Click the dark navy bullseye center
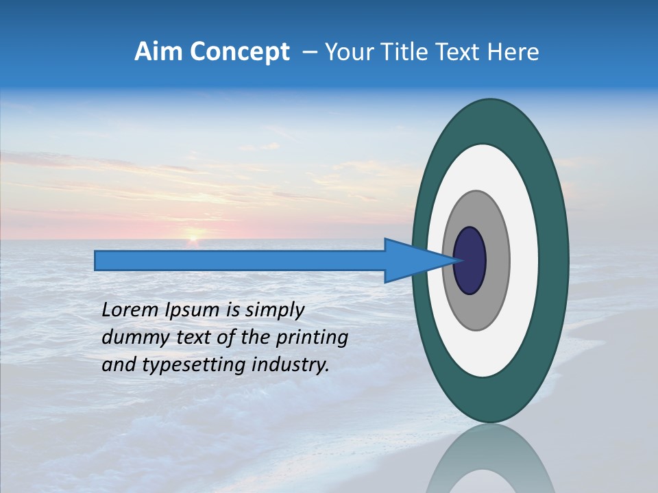[x=470, y=260]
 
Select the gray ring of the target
[x=497, y=260]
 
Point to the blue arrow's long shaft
[x=240, y=261]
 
